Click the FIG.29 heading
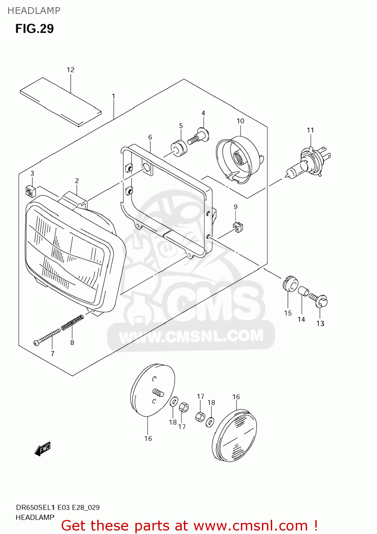point(34,28)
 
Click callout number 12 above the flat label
point(71,70)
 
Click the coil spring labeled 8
point(72,323)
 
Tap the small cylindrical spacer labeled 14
point(303,291)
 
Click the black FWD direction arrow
point(42,449)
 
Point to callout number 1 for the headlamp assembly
point(113,96)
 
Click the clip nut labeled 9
point(238,226)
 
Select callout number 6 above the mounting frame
point(150,137)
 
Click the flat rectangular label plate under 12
point(61,102)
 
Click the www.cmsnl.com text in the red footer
point(250,525)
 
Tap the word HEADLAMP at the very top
point(34,11)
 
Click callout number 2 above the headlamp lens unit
point(77,181)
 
